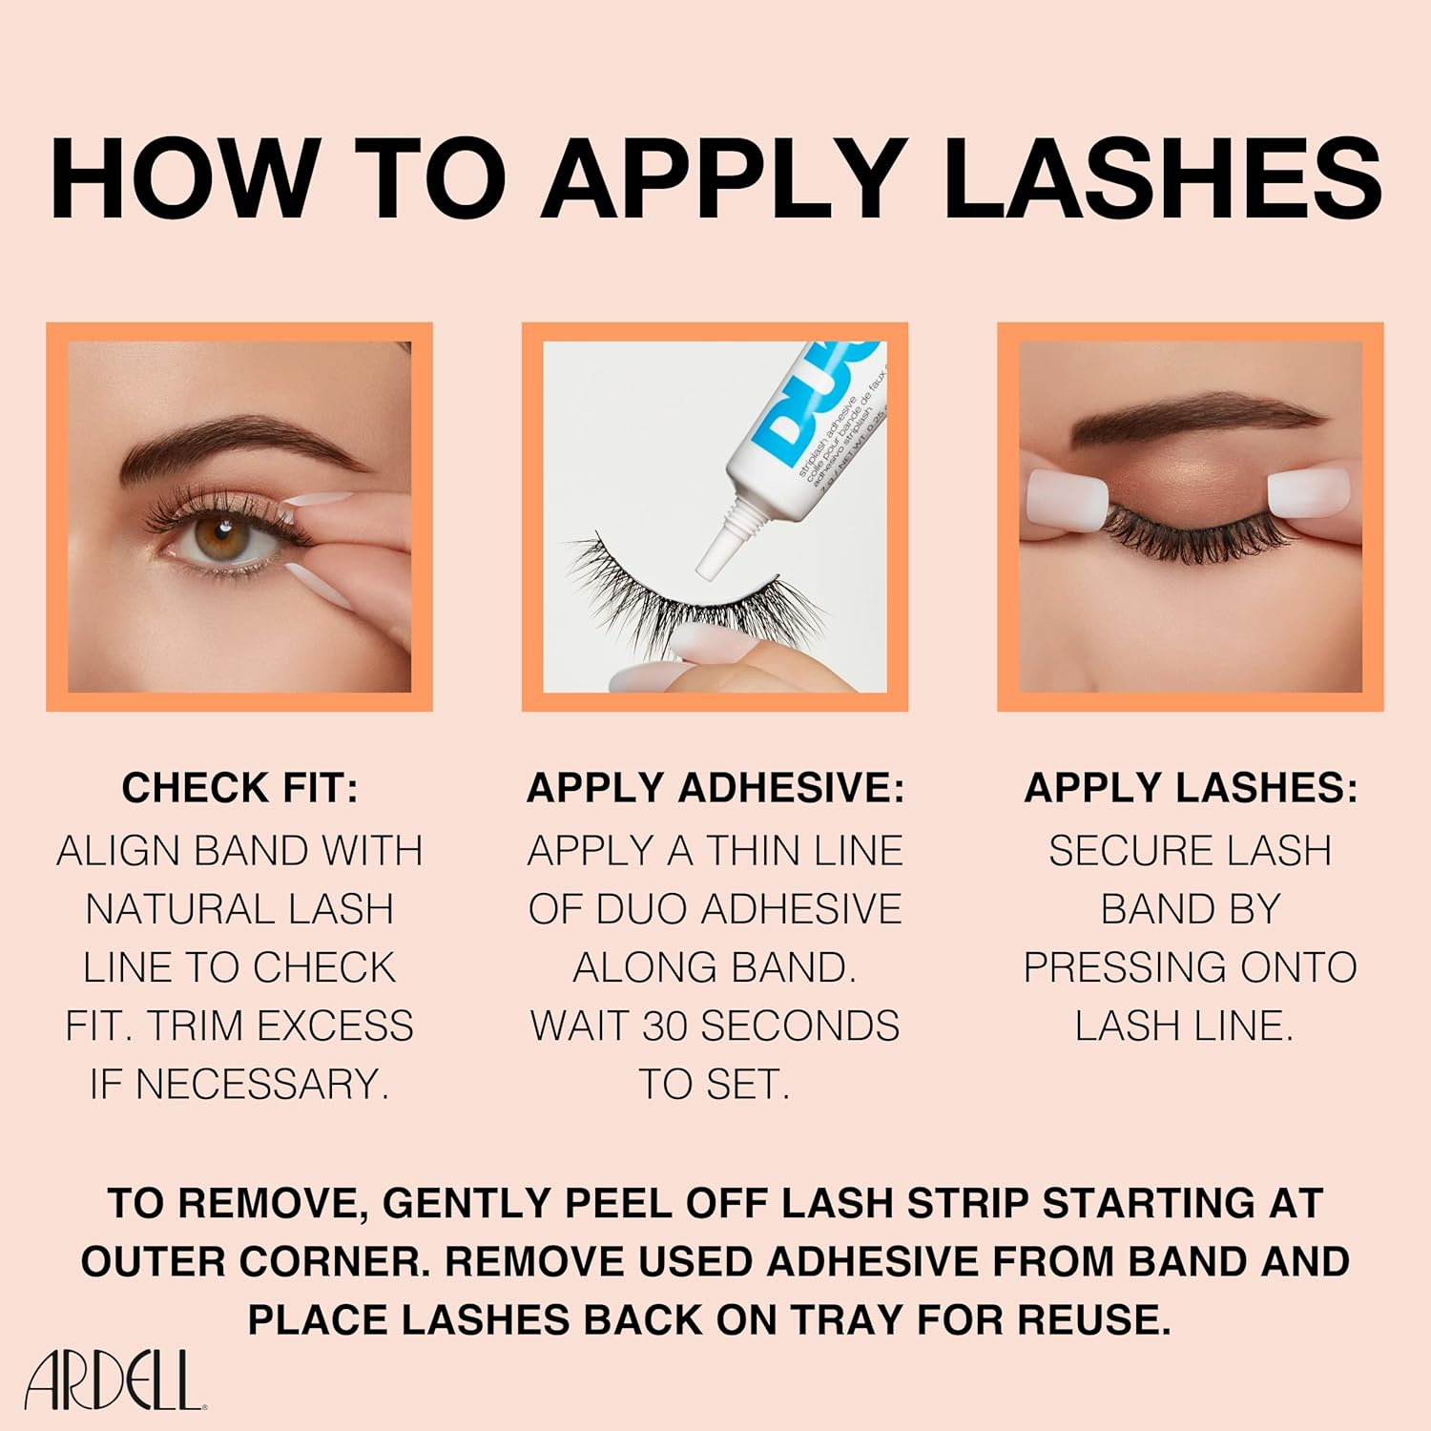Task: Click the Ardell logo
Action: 113,1380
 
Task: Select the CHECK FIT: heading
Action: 239,788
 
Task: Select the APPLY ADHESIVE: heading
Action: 715,788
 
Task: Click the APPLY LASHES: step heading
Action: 1190,788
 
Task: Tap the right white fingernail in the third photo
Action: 1309,494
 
